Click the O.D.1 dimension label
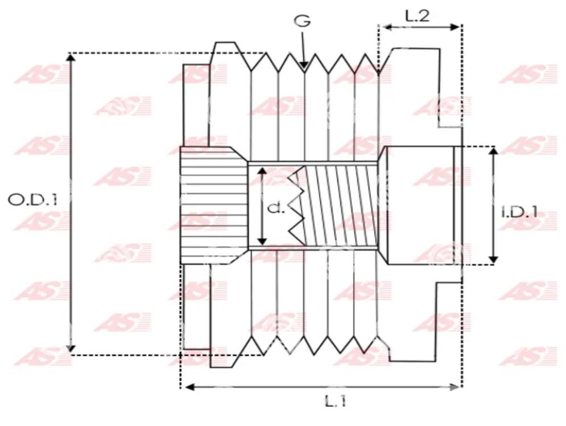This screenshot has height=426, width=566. (x=32, y=199)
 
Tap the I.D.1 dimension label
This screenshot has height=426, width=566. (x=520, y=212)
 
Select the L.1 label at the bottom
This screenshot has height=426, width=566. (x=336, y=401)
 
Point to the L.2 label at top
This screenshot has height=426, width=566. (x=418, y=16)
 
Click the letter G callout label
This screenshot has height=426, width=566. (x=302, y=21)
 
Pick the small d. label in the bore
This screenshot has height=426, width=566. (x=276, y=208)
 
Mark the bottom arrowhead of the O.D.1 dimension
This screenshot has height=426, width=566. (x=71, y=348)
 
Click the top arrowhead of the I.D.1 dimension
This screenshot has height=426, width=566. (x=493, y=151)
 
